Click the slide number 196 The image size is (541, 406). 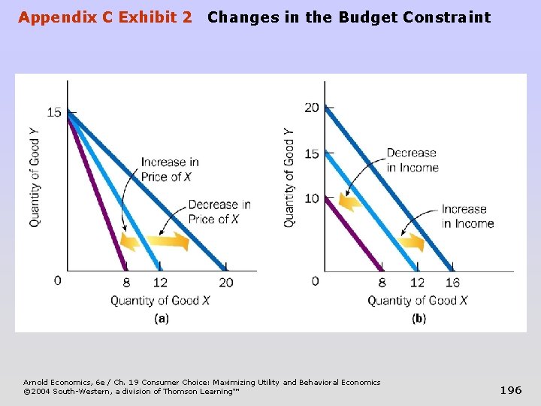coord(511,390)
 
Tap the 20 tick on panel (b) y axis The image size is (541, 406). coord(312,108)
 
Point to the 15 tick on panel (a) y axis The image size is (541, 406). coord(54,112)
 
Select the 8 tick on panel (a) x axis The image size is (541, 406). coord(125,283)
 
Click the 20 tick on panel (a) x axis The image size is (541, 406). coord(225,283)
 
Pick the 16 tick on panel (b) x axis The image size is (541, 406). coord(452,283)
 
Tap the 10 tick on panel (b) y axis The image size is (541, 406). coord(312,198)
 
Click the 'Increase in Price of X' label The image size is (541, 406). coord(170,169)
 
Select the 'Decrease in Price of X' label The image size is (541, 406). coord(219,212)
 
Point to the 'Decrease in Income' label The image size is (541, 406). coord(412,160)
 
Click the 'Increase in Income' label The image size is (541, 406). coord(467,216)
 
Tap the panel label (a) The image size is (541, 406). coord(161,318)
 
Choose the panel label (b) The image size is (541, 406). coord(419,318)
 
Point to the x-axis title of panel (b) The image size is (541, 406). coord(417,301)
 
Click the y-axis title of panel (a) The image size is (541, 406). coord(35,177)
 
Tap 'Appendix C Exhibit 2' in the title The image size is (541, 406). coord(104,17)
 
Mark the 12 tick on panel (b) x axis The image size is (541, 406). coord(417,283)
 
